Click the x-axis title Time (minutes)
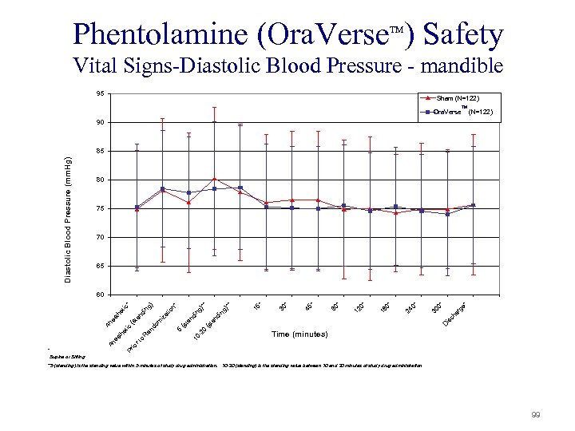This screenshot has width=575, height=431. (x=300, y=334)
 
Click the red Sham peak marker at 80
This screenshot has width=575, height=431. (x=215, y=179)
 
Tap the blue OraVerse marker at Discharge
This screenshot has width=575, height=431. (x=474, y=205)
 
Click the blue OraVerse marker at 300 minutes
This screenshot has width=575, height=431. (x=448, y=214)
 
